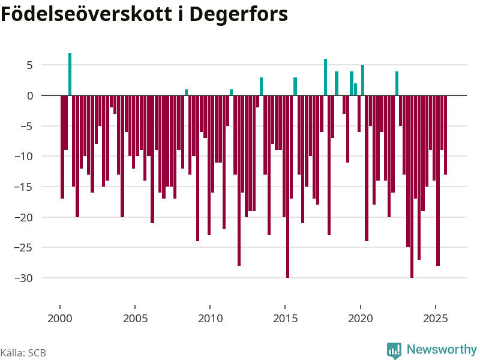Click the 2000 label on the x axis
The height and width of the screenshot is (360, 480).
click(59, 317)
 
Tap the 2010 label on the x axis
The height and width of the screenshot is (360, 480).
click(210, 317)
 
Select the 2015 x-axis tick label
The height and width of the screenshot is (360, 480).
click(285, 317)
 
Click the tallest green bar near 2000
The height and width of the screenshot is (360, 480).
click(70, 74)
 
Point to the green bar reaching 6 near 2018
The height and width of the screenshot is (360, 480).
click(326, 77)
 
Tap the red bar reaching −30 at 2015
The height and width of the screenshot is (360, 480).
click(288, 186)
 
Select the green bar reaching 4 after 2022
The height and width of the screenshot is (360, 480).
click(397, 83)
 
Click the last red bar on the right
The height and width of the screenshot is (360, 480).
click(446, 135)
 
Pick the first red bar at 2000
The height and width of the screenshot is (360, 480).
click(62, 147)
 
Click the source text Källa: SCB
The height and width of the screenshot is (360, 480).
click(23, 353)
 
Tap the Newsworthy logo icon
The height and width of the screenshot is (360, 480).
click(394, 350)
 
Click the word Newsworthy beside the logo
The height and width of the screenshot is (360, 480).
click(442, 349)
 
